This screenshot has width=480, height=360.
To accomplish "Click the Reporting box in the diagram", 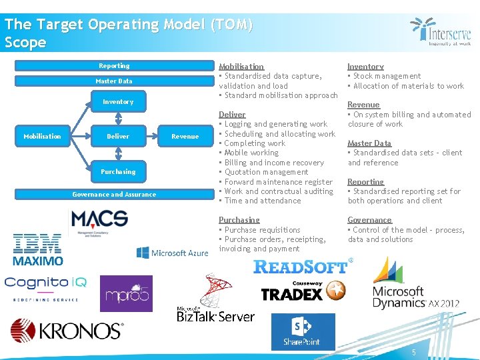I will click(x=114, y=66).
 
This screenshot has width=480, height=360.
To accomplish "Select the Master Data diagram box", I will click(x=114, y=81).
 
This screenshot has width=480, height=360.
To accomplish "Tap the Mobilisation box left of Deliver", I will click(x=42, y=136).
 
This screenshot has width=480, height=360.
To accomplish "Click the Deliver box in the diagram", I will click(x=118, y=136).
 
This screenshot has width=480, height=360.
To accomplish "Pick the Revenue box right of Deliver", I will click(x=185, y=136).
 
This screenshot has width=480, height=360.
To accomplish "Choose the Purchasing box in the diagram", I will click(x=118, y=171).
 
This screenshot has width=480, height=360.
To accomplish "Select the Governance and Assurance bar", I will click(x=114, y=195).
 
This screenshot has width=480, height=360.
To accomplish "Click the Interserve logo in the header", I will click(x=441, y=32).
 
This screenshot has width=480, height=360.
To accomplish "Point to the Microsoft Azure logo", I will click(x=172, y=253).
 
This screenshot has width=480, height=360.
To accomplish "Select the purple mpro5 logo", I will click(x=126, y=293).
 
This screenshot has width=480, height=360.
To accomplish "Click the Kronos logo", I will click(x=67, y=331).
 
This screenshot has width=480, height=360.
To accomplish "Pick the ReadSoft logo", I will click(x=302, y=267).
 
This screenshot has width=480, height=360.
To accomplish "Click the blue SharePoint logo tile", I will click(x=303, y=331).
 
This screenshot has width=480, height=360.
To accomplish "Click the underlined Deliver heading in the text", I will click(x=232, y=115).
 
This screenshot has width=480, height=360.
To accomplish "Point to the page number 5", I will click(x=413, y=351).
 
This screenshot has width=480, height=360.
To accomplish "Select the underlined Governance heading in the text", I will click(x=369, y=220).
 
